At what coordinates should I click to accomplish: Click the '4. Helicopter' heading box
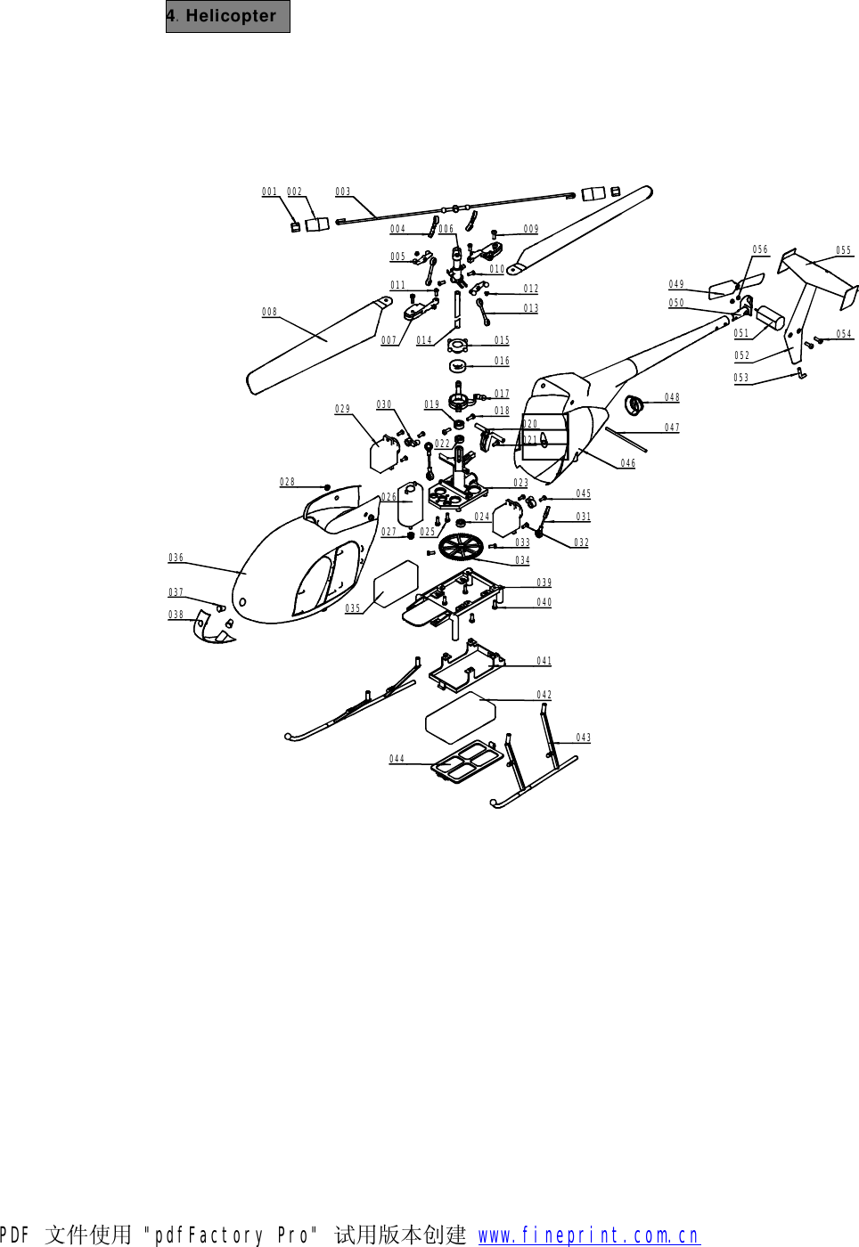click(227, 16)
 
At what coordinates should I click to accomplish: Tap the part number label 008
click(269, 312)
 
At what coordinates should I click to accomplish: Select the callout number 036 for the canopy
click(176, 558)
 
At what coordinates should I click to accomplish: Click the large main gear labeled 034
click(460, 547)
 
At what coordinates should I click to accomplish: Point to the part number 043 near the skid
click(583, 738)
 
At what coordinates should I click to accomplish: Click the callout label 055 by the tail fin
click(843, 250)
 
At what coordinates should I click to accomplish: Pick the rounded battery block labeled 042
click(460, 717)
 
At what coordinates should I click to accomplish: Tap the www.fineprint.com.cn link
click(588, 1235)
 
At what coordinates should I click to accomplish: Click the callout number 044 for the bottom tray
click(397, 759)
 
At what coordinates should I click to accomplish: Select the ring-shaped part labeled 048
click(634, 405)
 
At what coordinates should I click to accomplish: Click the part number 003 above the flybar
click(342, 192)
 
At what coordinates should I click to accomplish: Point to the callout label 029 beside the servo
click(342, 409)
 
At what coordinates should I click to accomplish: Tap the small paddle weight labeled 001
click(296, 227)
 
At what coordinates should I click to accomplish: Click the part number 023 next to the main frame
click(520, 483)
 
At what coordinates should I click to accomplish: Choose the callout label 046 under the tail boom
click(627, 463)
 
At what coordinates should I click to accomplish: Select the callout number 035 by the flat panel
click(353, 608)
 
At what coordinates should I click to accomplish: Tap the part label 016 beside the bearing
click(502, 361)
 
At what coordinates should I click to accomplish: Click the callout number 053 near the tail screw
click(740, 378)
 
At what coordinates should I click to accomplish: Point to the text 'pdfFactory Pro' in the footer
click(231, 1235)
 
